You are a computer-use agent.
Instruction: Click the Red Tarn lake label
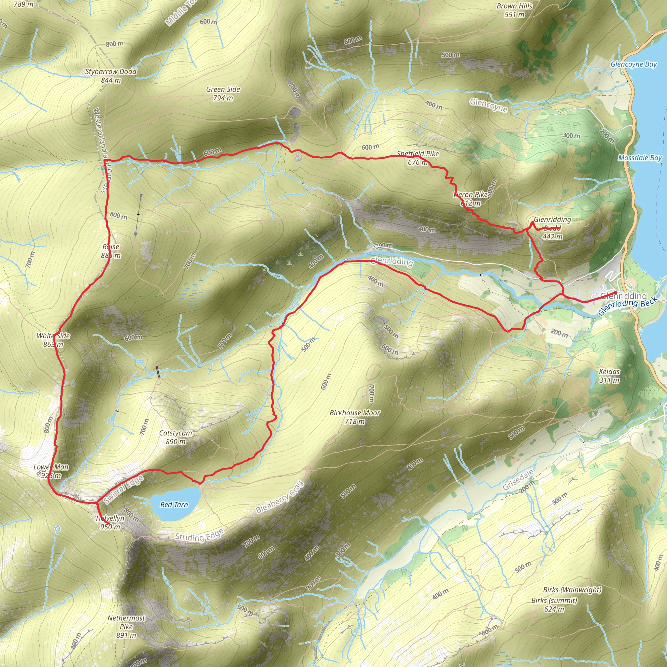tap(174, 505)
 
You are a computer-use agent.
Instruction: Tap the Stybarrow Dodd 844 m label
tap(111, 76)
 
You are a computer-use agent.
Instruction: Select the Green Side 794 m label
tap(223, 93)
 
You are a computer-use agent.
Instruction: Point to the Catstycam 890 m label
tap(176, 437)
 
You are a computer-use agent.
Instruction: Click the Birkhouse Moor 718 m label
tap(355, 417)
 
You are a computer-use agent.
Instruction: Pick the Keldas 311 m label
tap(609, 376)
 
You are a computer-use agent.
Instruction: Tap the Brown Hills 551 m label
tap(514, 10)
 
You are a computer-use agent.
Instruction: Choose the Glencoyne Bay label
tap(633, 64)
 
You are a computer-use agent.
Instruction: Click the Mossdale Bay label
tap(640, 158)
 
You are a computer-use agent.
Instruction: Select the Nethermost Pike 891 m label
tap(126, 627)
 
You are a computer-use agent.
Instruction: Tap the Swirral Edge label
tap(123, 490)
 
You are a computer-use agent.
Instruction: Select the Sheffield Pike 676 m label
tap(418, 158)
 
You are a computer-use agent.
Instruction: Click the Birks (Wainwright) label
tap(572, 590)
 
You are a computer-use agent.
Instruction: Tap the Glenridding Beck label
tap(627, 306)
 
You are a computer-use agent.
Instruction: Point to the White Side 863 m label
tap(53, 340)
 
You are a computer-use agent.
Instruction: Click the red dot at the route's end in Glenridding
tap(615, 293)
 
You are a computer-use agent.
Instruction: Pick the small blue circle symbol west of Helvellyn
tap(58, 529)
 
